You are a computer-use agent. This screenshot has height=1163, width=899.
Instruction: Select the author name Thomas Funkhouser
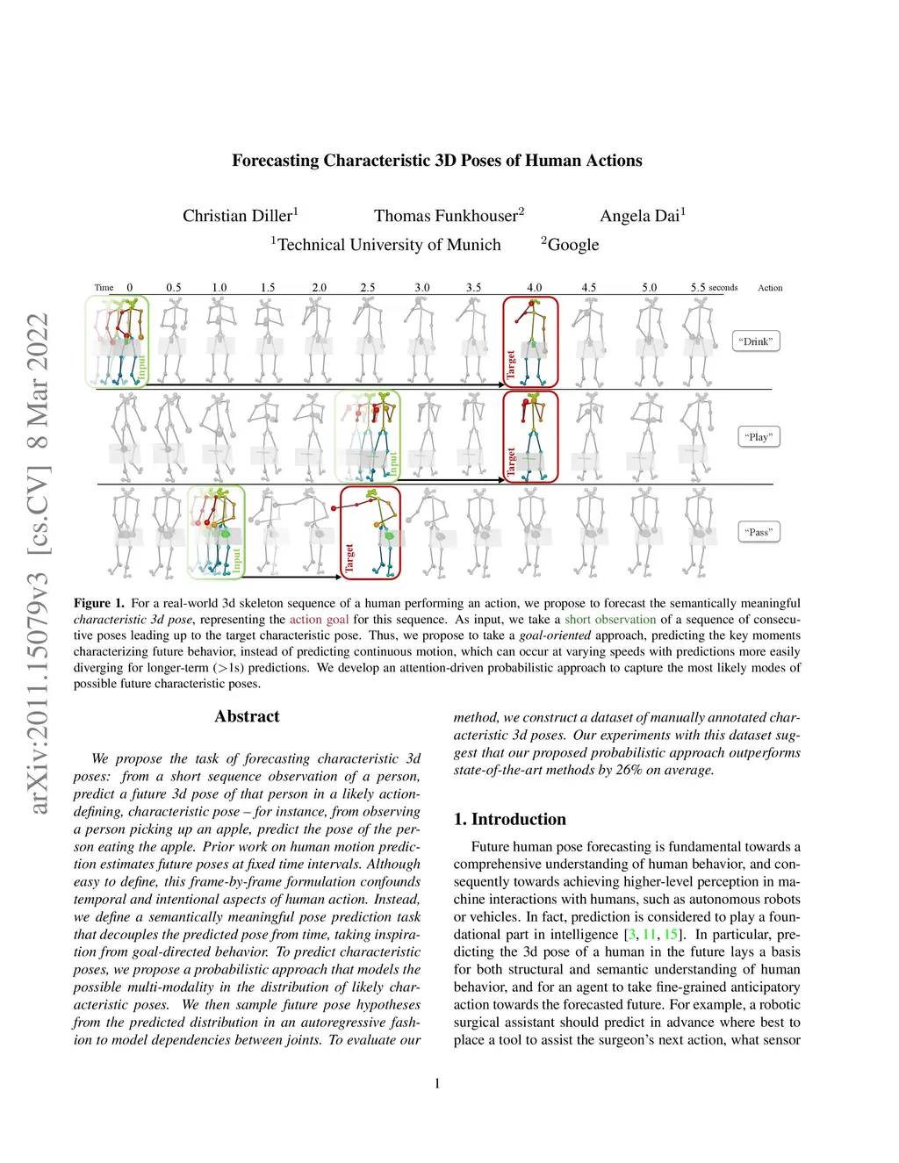447,216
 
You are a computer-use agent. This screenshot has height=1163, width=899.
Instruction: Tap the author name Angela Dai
640,216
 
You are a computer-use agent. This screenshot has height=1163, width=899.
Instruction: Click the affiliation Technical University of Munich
388,245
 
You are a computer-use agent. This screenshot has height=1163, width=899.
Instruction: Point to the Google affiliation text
572,245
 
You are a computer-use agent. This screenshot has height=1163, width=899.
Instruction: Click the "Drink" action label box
756,341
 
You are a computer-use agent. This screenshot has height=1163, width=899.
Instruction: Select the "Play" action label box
758,436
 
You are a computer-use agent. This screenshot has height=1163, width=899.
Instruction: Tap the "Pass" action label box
759,532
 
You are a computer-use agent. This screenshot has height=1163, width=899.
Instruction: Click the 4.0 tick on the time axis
534,288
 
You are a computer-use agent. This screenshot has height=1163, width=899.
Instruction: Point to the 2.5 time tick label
368,288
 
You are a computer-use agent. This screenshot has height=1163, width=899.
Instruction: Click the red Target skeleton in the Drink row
530,341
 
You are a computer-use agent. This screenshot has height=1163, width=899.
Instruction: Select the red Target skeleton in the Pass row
370,532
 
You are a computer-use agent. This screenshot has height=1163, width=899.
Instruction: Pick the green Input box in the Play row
368,436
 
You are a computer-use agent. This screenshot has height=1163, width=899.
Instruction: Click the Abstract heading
247,716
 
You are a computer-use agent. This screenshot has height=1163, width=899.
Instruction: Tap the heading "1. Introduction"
509,819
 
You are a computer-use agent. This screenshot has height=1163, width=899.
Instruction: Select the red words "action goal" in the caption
319,620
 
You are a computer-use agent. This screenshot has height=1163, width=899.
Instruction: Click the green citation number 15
671,934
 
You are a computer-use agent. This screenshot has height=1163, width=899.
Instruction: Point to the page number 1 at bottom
437,1083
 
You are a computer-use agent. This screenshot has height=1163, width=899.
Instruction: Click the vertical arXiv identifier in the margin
38,562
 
